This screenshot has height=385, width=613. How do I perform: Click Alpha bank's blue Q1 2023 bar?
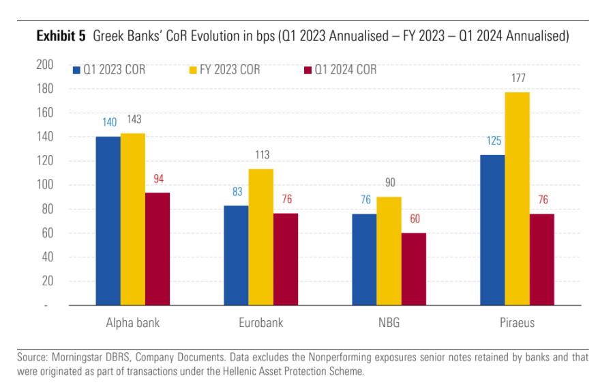pos(108,220)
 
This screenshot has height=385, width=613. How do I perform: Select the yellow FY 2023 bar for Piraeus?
pos(517,199)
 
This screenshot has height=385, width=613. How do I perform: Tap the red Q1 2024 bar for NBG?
pos(414,269)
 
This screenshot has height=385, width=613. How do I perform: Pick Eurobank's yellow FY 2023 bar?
pos(260,237)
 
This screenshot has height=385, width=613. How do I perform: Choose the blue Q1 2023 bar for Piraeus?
pos(492,230)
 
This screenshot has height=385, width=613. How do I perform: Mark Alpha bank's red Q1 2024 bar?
pos(158,248)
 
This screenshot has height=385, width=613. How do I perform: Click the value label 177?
pos(518,79)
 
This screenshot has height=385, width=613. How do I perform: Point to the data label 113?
pos(261,155)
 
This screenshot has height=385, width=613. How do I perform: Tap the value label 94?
pos(158,179)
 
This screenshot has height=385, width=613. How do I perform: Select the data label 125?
pos(492,141)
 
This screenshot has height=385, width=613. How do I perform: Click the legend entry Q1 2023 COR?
pos(109,70)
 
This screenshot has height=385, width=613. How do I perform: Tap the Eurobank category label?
pos(260,323)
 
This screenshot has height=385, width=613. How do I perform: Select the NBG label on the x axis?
pos(389,323)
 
